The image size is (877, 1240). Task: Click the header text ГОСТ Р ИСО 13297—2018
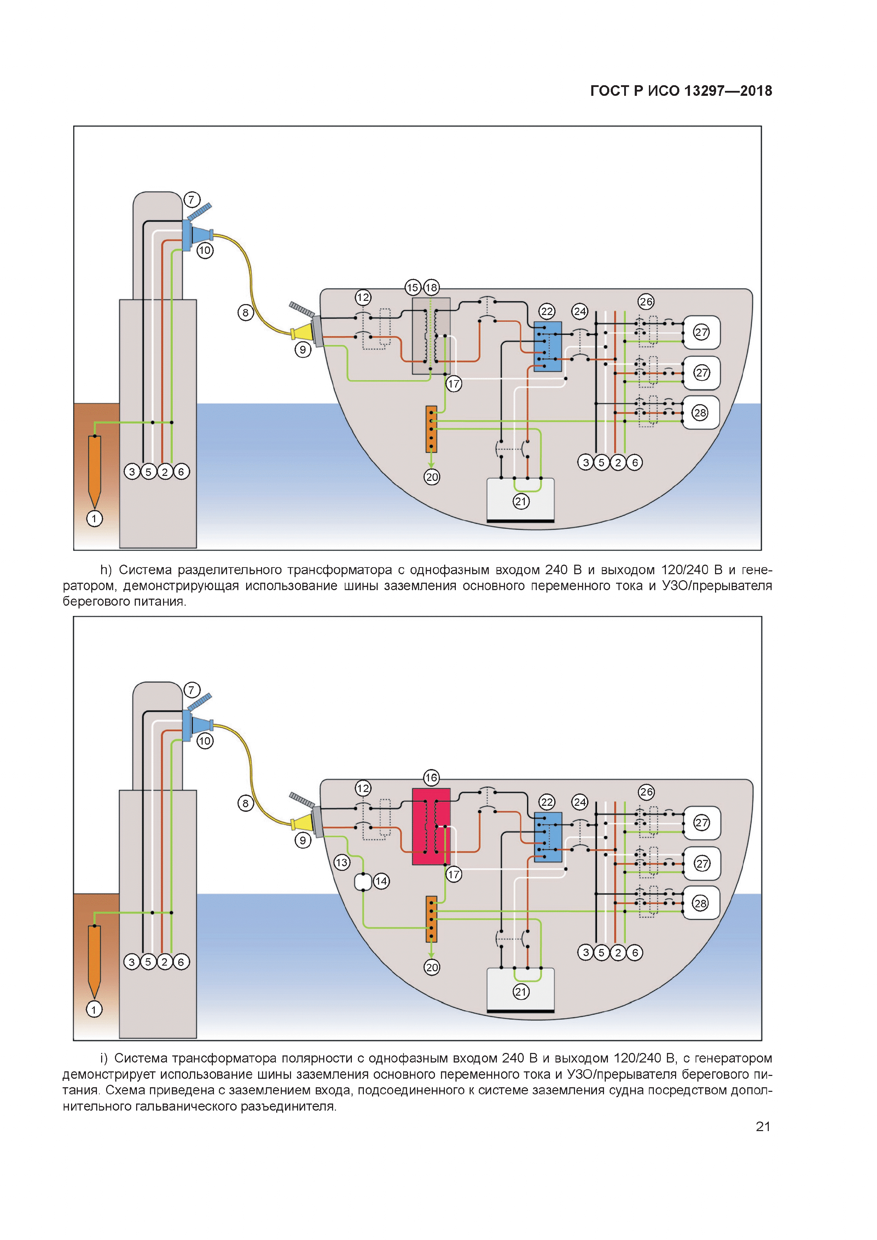[x=681, y=91]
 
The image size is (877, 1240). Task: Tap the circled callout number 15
[x=413, y=287]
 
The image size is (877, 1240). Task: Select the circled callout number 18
[x=431, y=287]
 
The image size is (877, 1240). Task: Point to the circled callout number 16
[x=431, y=778]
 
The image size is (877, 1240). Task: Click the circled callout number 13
[x=341, y=862]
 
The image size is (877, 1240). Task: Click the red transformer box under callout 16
[x=431, y=826]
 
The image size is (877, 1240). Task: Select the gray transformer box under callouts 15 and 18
[x=431, y=336]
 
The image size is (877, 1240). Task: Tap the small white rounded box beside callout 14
[x=363, y=882]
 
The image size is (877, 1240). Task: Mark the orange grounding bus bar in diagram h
[x=431, y=429]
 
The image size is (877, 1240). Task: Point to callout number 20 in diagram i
[x=431, y=967]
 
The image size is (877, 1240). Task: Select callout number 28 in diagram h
[x=700, y=413]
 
